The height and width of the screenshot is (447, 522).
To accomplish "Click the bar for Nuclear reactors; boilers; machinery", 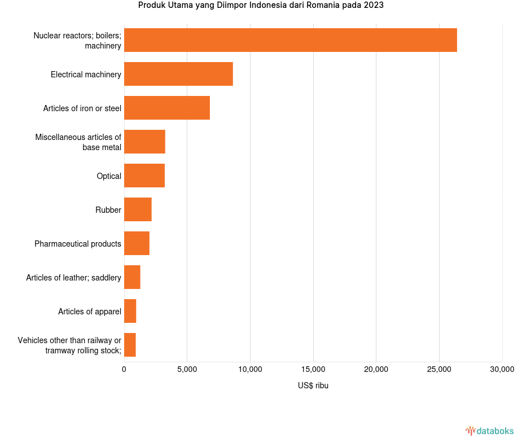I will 290,40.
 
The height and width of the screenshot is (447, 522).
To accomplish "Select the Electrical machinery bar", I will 178,74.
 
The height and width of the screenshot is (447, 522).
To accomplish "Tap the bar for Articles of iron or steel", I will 167,108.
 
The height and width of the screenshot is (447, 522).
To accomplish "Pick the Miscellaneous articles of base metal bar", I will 144,142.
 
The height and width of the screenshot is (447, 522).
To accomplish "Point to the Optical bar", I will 144,176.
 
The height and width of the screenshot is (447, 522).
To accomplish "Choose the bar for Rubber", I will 138,209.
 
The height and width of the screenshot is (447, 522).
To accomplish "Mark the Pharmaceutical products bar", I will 137,243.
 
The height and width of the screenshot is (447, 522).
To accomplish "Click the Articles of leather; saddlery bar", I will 132,277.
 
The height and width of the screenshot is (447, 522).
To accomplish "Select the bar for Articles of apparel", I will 130,311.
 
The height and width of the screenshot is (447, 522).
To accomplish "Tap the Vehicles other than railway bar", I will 130,345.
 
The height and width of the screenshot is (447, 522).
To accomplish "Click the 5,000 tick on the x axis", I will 187,370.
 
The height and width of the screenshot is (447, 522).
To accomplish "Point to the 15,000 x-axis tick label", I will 313,370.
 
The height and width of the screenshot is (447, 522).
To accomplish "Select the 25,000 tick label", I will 439,370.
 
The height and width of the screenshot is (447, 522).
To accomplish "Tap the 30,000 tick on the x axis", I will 502,370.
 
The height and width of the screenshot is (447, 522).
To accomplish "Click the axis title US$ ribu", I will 313,386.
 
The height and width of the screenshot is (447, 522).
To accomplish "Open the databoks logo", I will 490,431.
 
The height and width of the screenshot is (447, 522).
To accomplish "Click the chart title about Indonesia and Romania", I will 261,6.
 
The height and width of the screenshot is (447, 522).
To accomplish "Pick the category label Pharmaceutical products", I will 78,244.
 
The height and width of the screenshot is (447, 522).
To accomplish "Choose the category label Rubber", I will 108,210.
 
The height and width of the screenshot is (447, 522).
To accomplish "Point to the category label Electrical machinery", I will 86,74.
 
